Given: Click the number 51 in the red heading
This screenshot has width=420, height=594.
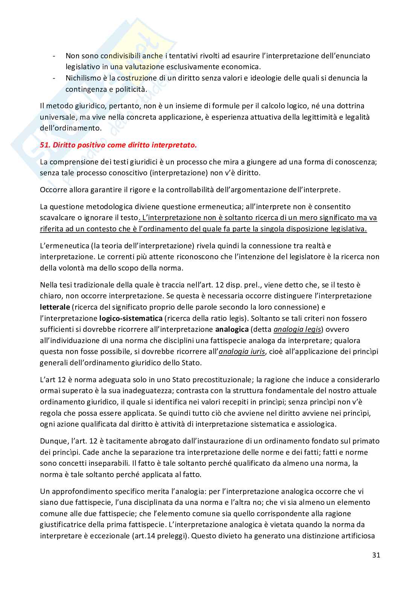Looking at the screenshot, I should click(45, 145).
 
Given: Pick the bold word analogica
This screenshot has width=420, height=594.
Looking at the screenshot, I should click(231, 329).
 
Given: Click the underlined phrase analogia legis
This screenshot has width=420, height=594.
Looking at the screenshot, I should click(297, 329).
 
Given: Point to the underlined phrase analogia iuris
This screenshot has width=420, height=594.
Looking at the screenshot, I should click(242, 351).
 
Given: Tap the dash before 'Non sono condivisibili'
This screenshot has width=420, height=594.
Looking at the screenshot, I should click(55, 56).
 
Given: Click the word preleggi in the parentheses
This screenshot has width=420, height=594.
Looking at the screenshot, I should click(171, 535).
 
